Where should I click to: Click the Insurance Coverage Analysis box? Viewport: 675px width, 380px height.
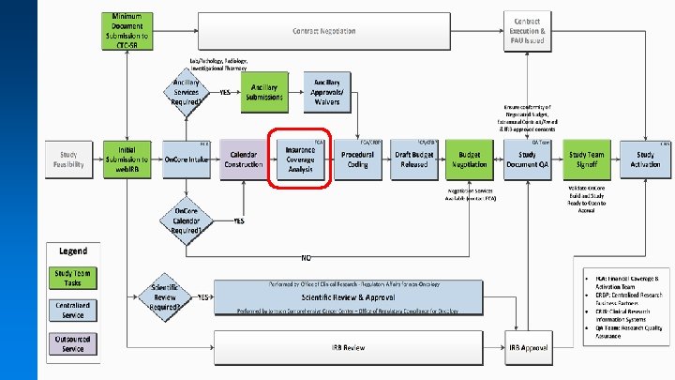click(301, 160)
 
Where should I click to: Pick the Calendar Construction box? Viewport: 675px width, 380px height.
click(243, 160)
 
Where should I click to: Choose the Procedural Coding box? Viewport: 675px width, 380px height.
click(357, 160)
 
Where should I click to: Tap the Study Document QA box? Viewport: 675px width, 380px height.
click(528, 160)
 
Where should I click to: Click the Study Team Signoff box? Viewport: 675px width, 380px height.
click(589, 160)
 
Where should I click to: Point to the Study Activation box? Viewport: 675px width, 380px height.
click(645, 160)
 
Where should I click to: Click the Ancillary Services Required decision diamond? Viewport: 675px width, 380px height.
click(187, 93)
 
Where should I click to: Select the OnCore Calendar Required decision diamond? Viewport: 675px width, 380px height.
click(187, 221)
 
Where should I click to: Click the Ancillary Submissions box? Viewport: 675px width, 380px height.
click(263, 93)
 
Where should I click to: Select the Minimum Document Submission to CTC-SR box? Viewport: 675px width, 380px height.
click(133, 31)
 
